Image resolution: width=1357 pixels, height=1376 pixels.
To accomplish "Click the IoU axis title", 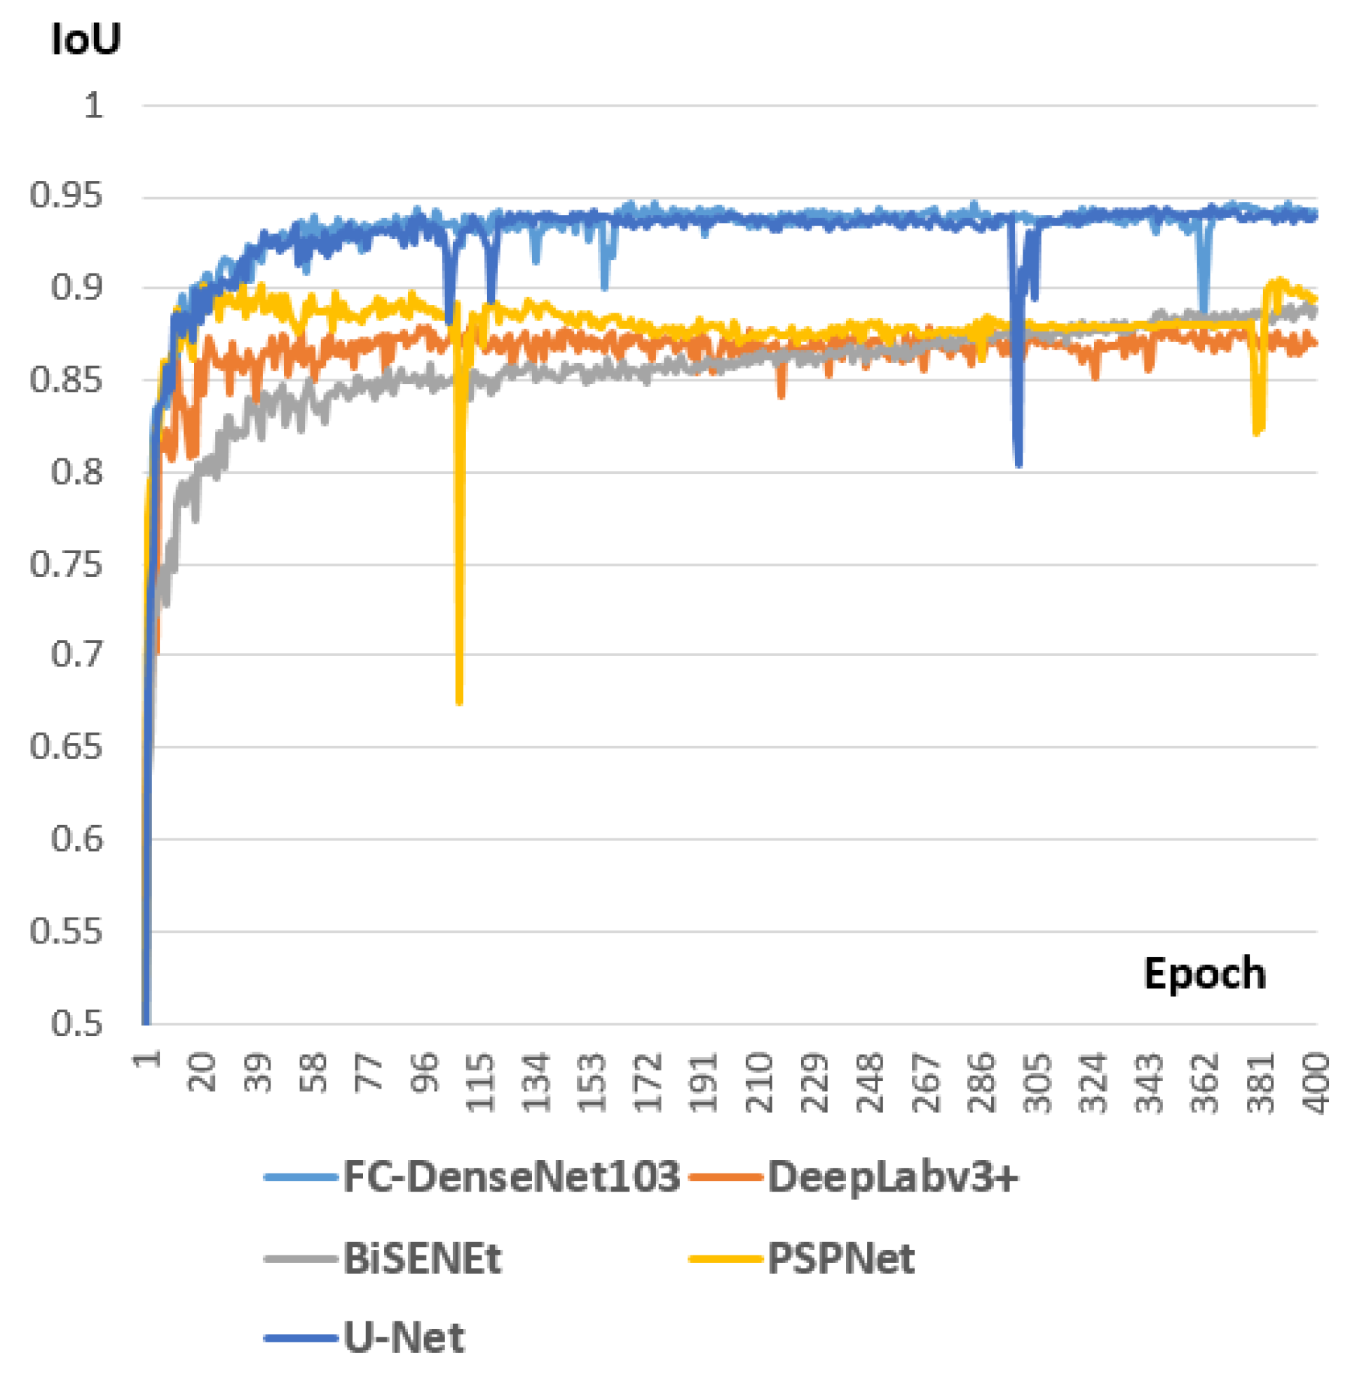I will pos(86,39).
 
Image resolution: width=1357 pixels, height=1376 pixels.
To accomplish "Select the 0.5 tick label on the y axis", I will pos(76,1024).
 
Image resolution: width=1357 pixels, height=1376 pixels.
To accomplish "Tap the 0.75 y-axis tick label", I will pos(65,565).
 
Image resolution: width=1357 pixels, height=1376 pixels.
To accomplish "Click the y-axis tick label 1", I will pos(93,106).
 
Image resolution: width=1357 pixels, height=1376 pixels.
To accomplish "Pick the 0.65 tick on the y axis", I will pos(65,747).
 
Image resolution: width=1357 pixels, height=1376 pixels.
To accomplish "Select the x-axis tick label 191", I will pos(702,1083).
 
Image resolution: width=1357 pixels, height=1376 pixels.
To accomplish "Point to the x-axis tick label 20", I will pos(202,1072).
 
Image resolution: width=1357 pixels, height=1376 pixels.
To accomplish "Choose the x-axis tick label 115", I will pos(479,1083).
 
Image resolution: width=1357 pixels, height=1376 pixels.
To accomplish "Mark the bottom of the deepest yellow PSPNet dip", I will pos(459,702).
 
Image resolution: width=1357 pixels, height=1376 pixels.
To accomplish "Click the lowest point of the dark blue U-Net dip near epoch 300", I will pos(1018,465).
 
